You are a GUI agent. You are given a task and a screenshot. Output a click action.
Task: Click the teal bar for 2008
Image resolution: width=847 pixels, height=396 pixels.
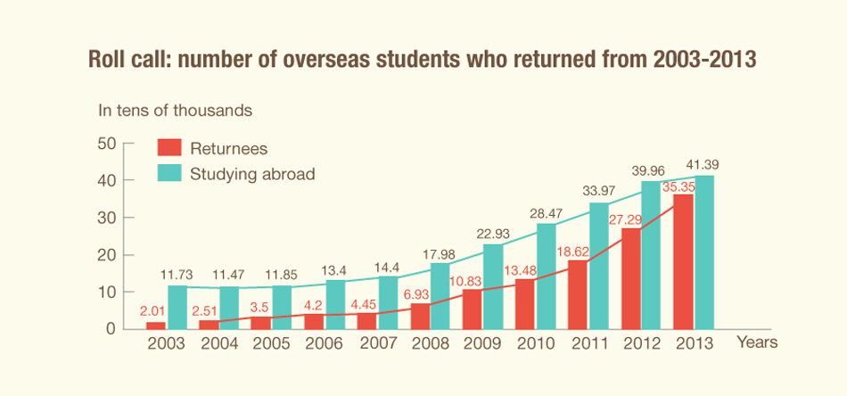(440, 296)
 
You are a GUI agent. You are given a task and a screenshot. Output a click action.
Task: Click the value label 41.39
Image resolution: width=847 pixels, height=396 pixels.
(702, 165)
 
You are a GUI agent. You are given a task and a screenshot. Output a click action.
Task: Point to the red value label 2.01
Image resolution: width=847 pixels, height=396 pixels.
(152, 310)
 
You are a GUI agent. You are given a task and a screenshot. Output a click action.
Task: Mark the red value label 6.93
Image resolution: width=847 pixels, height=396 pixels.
(419, 293)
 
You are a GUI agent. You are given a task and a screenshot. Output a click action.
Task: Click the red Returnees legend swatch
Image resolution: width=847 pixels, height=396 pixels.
(169, 148)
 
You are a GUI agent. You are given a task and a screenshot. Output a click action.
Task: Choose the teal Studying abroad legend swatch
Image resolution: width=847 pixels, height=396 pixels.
(169, 173)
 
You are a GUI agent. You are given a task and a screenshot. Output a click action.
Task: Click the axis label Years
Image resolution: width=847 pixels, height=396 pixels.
(757, 342)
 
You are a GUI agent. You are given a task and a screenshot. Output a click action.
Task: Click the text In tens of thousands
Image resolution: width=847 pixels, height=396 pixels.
(175, 111)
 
